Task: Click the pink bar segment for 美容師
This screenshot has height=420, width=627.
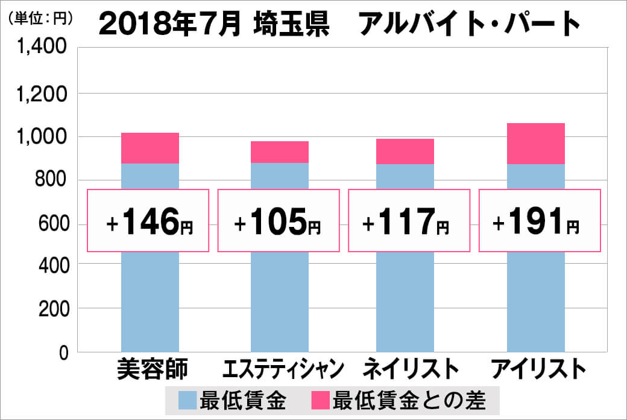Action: [x=150, y=148]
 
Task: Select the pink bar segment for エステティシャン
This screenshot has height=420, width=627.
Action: [x=280, y=152]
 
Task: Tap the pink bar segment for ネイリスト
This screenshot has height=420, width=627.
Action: [x=405, y=151]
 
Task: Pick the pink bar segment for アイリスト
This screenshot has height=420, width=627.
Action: [x=536, y=144]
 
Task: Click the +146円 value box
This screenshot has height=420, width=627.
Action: [x=149, y=220]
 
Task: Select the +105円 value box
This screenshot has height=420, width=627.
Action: [x=279, y=220]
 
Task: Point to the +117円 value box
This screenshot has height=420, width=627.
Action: [x=408, y=220]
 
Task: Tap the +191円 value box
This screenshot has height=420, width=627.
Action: [x=539, y=220]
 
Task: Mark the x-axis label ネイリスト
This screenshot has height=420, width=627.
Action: [x=407, y=369]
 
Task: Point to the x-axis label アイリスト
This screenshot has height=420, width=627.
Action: [x=538, y=369]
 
